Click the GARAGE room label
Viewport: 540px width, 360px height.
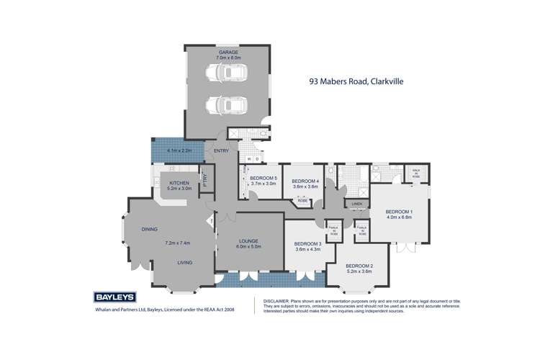point(228,53)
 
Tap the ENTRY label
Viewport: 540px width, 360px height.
point(220,150)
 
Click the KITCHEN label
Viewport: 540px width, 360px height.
point(179,183)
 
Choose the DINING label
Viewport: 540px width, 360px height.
point(149,229)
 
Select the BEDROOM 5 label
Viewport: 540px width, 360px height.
point(264,178)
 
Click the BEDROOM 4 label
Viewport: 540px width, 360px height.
point(305,181)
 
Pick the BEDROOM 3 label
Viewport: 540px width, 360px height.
point(307,243)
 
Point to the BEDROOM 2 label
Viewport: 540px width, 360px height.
point(359,266)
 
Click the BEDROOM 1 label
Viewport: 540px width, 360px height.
point(398,211)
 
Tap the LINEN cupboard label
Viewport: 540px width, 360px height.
point(356,204)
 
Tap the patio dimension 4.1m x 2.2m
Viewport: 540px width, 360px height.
point(179,150)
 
